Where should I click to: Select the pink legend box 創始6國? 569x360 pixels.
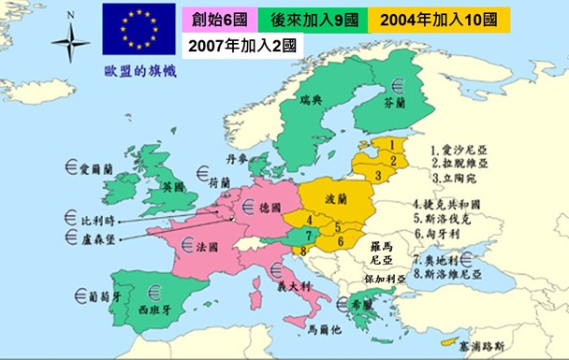218,20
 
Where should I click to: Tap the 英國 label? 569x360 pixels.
172,186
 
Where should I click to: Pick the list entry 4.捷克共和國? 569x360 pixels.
466,203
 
